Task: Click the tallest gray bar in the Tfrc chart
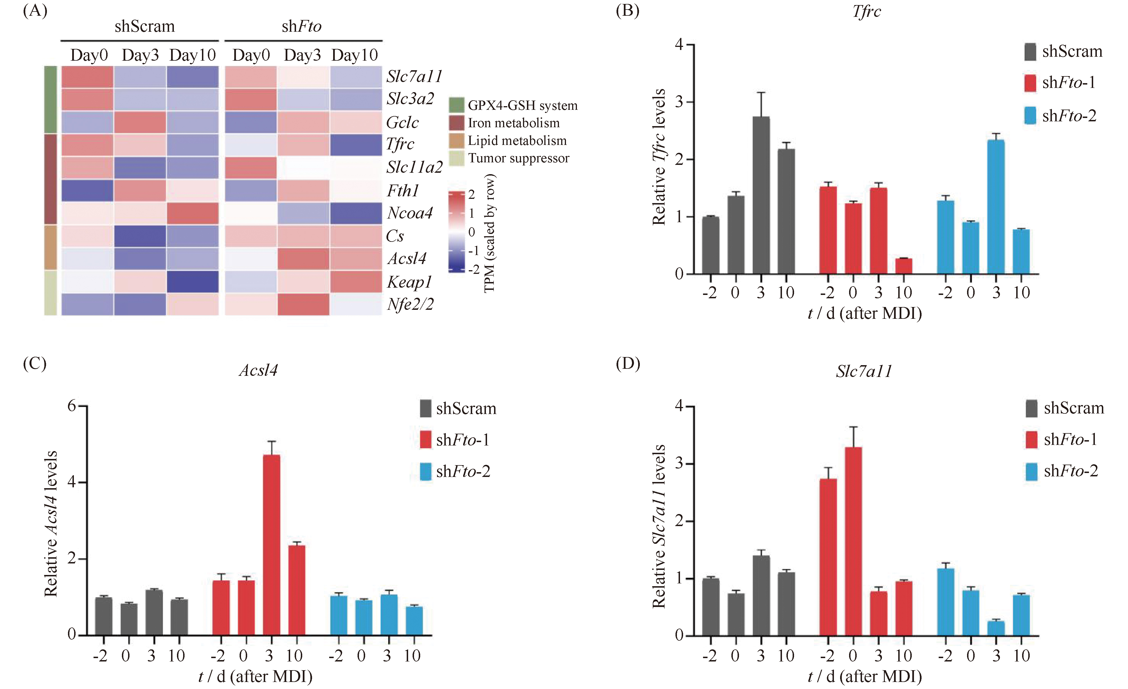[x=761, y=195]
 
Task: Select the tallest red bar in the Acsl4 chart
[x=272, y=545]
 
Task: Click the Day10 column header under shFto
[x=355, y=55]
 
